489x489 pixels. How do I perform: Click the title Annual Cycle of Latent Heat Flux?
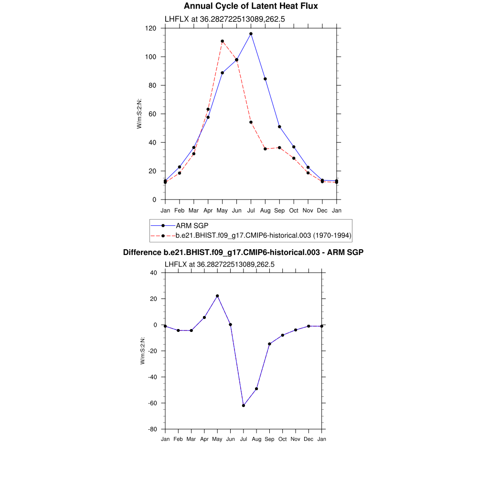click(251, 6)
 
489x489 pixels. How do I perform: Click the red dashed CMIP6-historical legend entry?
click(264, 235)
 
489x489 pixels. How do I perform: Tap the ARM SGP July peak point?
click(251, 34)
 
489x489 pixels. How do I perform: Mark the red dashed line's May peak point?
click(222, 41)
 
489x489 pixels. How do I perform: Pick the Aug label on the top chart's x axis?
click(265, 211)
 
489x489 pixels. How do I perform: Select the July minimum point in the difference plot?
click(244, 405)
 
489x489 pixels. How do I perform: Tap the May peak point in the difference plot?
click(217, 296)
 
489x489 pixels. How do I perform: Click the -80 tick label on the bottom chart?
click(153, 429)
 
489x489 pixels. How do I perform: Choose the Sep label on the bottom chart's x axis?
click(270, 439)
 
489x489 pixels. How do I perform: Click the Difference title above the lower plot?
click(244, 252)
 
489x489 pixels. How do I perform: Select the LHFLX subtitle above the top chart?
click(225, 19)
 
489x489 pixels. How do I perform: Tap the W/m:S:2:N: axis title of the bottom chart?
click(143, 351)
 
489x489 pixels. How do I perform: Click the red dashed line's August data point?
click(265, 149)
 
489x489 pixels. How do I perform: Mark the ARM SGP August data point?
click(265, 79)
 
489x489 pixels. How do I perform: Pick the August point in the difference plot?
click(256, 389)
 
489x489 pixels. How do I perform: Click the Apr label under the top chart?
click(208, 211)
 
